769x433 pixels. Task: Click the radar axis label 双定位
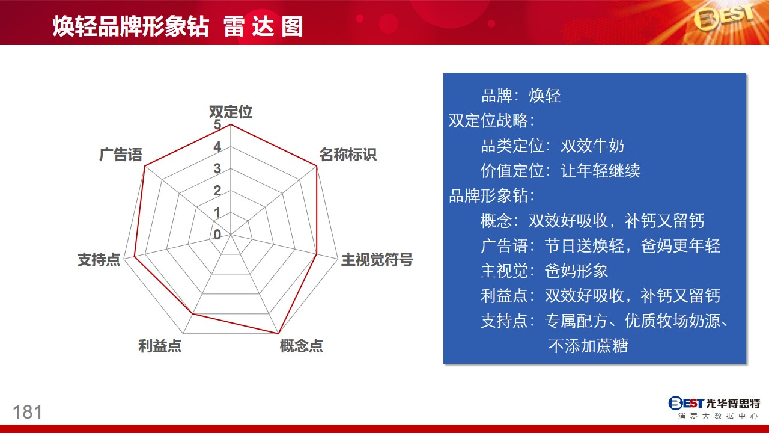231,112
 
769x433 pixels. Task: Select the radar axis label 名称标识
348,155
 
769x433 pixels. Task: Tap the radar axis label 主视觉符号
377,259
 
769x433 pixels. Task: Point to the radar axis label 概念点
301,346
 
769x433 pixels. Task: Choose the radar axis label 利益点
160,346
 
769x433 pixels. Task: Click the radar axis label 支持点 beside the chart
99,259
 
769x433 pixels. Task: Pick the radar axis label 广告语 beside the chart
121,155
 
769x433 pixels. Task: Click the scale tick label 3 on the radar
217,168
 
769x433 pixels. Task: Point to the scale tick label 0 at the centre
217,235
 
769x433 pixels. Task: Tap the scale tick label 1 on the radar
217,213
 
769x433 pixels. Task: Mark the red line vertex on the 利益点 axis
193,314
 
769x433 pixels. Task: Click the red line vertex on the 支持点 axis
135,256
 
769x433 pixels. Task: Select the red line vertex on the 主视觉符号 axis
316,254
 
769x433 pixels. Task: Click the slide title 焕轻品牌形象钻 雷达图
177,26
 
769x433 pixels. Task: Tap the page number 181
28,412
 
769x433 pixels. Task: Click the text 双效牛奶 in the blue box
592,146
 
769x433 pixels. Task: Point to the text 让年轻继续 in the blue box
600,170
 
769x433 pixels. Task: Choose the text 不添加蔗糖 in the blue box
588,346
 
